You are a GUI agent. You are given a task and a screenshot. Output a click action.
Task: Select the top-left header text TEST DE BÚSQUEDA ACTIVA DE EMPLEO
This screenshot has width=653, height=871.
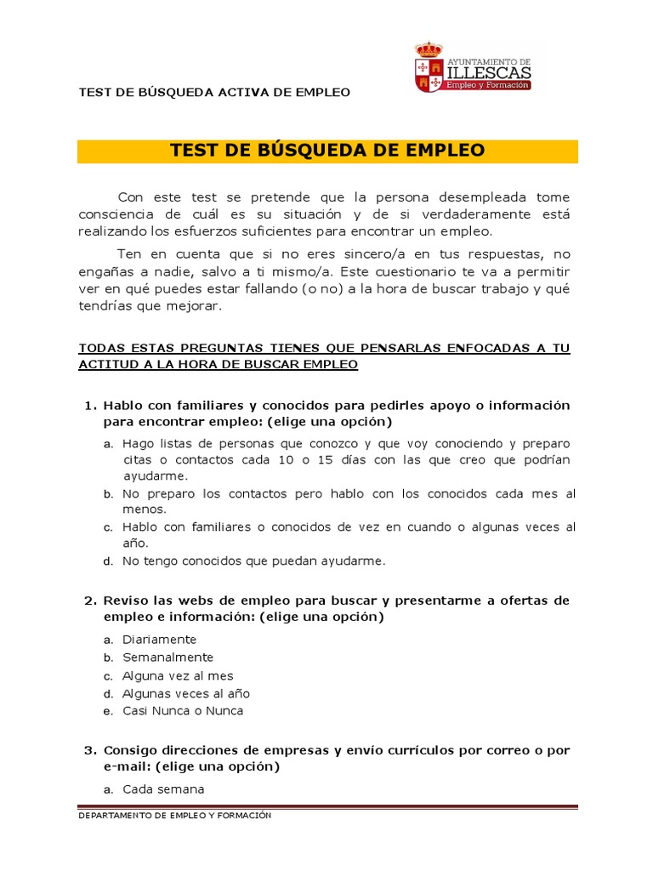(214, 92)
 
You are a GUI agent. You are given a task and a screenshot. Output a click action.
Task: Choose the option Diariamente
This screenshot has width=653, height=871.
(159, 640)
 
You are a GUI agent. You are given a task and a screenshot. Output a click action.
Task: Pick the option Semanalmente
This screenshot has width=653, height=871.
(168, 658)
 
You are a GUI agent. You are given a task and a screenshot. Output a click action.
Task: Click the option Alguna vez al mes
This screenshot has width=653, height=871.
(177, 675)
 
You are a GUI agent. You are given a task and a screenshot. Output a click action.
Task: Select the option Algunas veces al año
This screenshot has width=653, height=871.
(186, 693)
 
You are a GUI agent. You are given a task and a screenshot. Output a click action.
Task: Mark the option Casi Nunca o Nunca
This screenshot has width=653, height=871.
(183, 711)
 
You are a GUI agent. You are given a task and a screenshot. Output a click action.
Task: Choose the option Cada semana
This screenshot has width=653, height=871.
(163, 789)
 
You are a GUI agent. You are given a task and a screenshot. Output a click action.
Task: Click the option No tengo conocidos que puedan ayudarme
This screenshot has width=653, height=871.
(253, 561)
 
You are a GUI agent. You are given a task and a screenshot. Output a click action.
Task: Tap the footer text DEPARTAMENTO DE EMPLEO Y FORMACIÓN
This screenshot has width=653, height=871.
(174, 816)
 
